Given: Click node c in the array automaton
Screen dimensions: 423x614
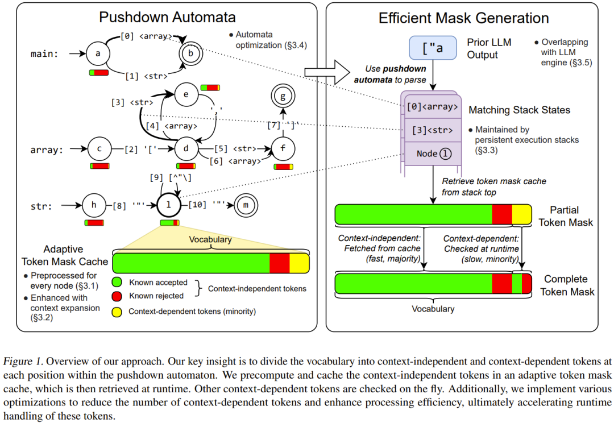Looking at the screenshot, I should [99, 150].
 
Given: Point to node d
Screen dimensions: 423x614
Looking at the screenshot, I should [186, 150].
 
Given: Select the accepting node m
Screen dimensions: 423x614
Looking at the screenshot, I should [244, 205].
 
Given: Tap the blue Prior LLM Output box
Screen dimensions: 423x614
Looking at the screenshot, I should [433, 48].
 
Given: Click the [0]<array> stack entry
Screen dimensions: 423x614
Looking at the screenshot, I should [432, 106].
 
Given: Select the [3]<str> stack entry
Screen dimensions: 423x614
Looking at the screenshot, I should [432, 130].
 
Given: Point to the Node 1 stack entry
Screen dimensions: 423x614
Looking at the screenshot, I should [432, 154].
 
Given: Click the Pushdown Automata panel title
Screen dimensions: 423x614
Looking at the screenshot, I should [161, 17].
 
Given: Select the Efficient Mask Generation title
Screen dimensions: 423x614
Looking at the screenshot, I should [463, 18].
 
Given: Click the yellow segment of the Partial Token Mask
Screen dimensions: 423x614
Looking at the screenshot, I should [521, 214].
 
